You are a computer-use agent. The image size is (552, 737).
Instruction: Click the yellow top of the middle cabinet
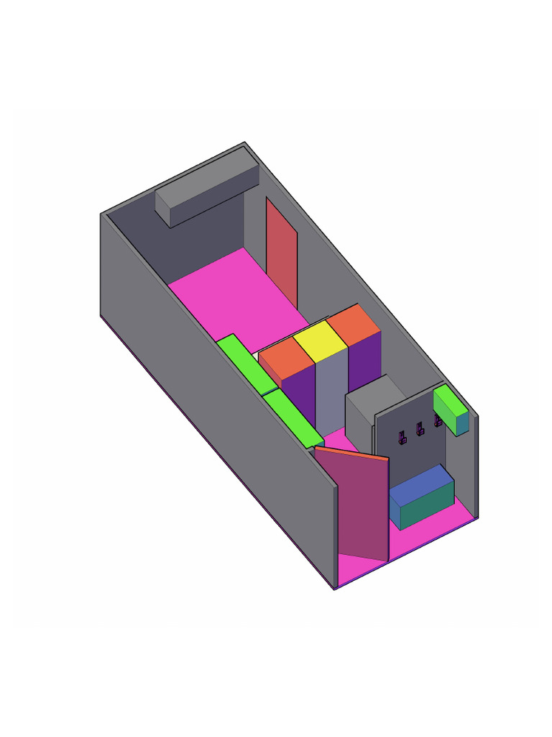[321, 341]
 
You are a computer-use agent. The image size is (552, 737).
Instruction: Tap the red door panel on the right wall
[282, 252]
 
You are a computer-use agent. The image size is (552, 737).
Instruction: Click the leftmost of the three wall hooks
[403, 436]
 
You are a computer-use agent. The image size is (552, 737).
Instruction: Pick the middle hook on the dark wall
[420, 428]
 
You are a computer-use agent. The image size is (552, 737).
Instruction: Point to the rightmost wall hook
[438, 419]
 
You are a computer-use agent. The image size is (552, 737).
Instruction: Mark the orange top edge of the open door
[351, 453]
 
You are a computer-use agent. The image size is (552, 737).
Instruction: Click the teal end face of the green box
[463, 423]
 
